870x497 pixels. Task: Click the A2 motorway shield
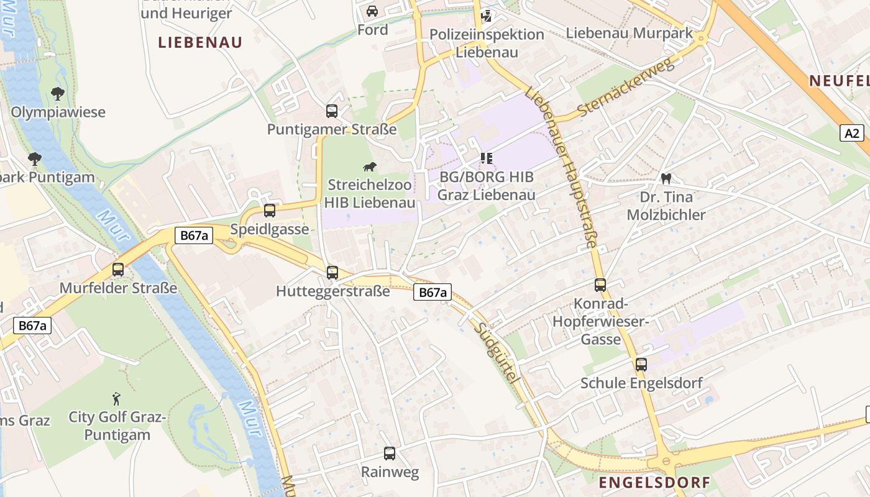click(853, 132)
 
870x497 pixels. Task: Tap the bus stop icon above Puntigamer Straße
click(332, 111)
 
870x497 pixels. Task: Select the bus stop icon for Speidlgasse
click(269, 211)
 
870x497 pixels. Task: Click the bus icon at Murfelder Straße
click(118, 270)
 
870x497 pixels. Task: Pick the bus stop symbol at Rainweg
click(390, 454)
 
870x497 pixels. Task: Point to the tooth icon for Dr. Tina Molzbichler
click(666, 179)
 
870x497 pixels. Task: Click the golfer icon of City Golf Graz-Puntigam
click(117, 398)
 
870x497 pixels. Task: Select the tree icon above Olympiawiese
click(58, 94)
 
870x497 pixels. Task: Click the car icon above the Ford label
click(372, 11)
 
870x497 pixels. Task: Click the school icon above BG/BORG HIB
click(486, 158)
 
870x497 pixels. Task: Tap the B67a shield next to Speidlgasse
click(193, 235)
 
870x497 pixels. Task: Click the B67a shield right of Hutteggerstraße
click(432, 293)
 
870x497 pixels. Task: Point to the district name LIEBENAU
click(199, 42)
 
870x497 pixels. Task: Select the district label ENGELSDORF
click(654, 482)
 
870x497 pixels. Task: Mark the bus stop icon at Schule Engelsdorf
click(641, 365)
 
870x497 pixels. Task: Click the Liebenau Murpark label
click(629, 34)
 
